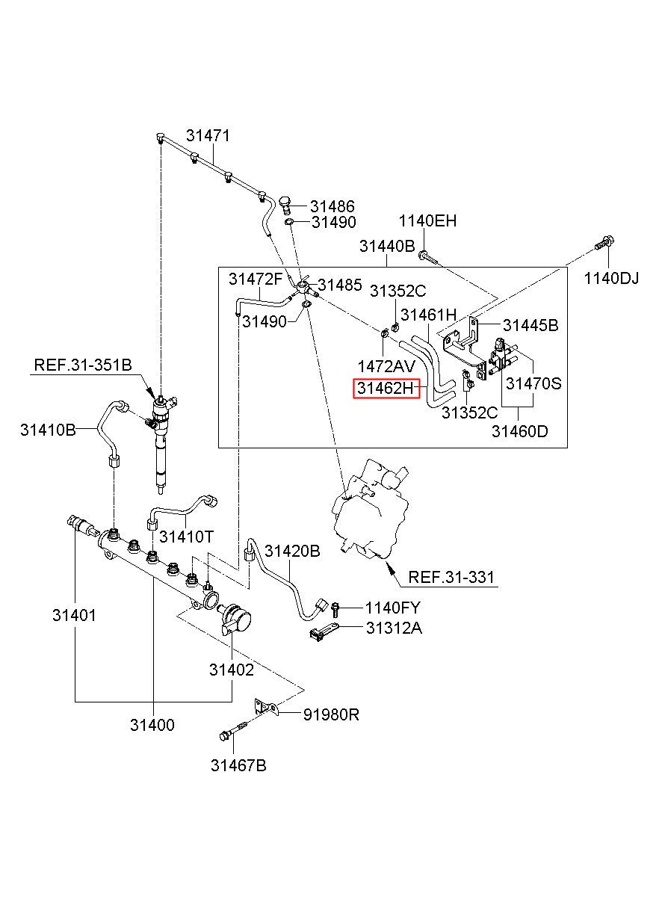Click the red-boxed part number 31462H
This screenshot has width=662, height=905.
click(386, 389)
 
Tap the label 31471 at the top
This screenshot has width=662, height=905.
click(208, 136)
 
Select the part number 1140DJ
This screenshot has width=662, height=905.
click(611, 278)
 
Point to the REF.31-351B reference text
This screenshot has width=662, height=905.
click(83, 365)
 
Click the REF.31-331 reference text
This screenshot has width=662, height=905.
click(451, 577)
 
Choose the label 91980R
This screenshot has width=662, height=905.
click(331, 715)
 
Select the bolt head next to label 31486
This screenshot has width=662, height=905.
click(285, 205)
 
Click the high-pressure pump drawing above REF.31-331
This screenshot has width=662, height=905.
click(371, 510)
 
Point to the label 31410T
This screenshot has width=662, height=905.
click(186, 537)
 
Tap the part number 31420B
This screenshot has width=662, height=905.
click(292, 551)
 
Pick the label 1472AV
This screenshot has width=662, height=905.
click(386, 366)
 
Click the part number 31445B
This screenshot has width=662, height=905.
click(530, 325)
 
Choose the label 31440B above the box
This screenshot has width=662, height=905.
click(387, 246)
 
